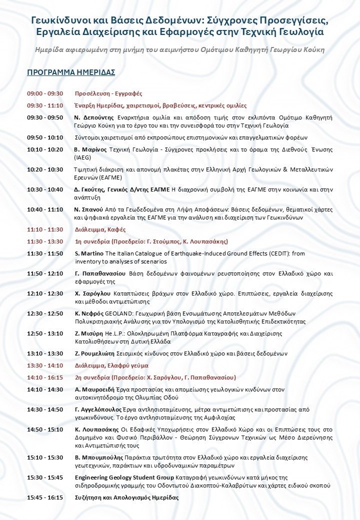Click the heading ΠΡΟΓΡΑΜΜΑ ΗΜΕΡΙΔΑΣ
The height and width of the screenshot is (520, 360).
coord(71,72)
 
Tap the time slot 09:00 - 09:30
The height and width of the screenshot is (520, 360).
coord(45,93)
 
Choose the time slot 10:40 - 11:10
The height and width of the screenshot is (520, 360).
coord(45,209)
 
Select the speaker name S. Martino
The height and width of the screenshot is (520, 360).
coord(89,253)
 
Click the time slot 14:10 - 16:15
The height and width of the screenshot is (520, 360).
coord(45,377)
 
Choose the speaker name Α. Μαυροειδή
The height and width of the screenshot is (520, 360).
coord(94,389)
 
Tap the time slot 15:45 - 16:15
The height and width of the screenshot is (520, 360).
coord(45,497)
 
